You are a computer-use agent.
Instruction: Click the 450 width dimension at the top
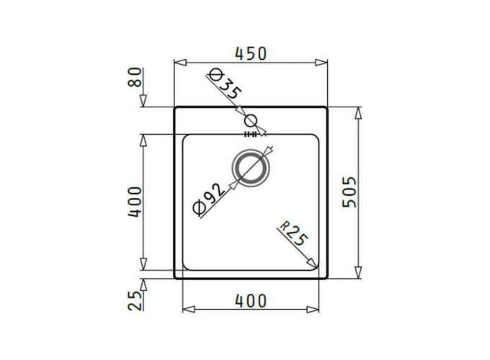click(x=251, y=54)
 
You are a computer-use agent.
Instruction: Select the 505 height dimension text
click(x=349, y=192)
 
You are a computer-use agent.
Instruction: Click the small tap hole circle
click(x=251, y=121)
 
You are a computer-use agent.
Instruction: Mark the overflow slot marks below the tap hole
click(x=251, y=134)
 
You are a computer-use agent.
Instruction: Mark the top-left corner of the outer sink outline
click(x=175, y=108)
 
